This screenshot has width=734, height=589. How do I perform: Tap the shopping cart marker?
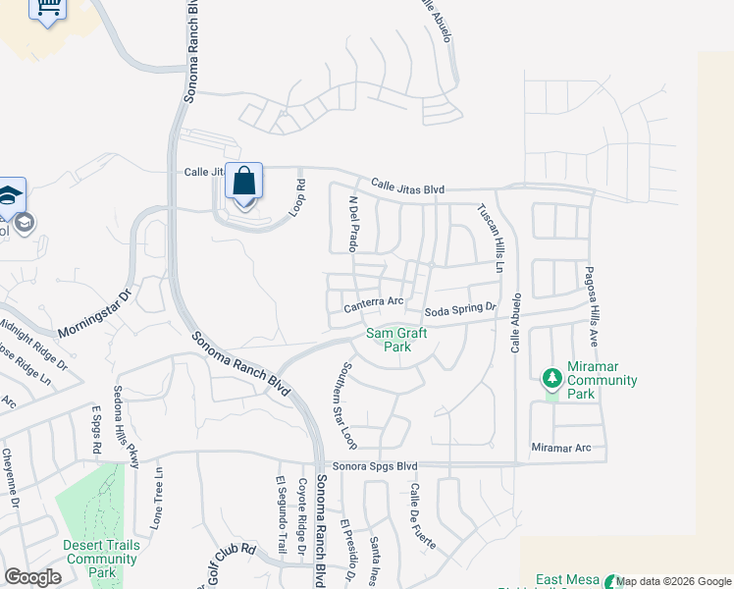46,9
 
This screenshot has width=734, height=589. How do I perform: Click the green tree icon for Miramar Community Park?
551,377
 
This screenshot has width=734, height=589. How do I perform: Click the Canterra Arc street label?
374,306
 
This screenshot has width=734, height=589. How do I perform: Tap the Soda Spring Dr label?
460,310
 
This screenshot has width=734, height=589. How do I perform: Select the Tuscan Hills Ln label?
491,239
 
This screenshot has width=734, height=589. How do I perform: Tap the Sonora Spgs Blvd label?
375,466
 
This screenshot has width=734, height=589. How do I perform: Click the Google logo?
33,577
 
